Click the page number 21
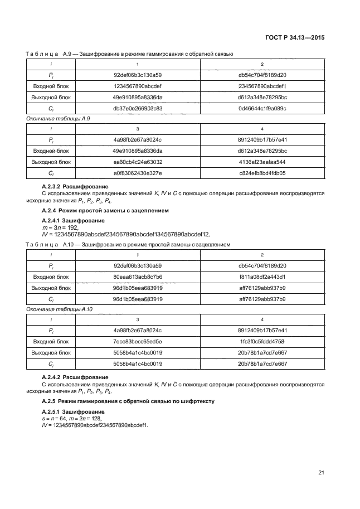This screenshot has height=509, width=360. [321, 473]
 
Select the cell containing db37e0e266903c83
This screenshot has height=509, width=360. [138, 108]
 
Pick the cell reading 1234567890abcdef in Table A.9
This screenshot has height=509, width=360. [138, 86]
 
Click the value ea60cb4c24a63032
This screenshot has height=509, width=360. [138, 162]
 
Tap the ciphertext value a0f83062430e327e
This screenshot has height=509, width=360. [138, 173]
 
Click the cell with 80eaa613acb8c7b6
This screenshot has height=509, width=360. [138, 277]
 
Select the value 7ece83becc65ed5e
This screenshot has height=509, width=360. [138, 341]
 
